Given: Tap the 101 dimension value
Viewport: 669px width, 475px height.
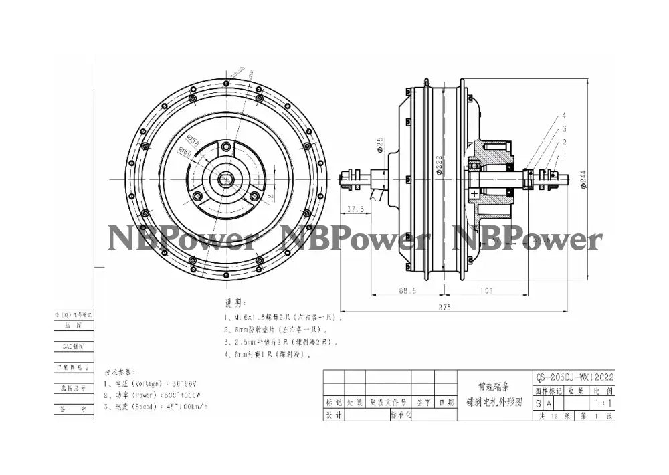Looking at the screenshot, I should pos(486,291).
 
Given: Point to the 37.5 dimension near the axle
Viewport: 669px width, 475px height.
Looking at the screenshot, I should pos(356,209).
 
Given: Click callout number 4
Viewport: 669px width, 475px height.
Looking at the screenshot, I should pos(564,115).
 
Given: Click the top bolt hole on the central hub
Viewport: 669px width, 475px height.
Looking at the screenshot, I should pos(226,146).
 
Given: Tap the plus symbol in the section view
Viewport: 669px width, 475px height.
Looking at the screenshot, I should pos(475,193).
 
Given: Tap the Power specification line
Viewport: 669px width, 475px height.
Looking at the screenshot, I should pos(157,395).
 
